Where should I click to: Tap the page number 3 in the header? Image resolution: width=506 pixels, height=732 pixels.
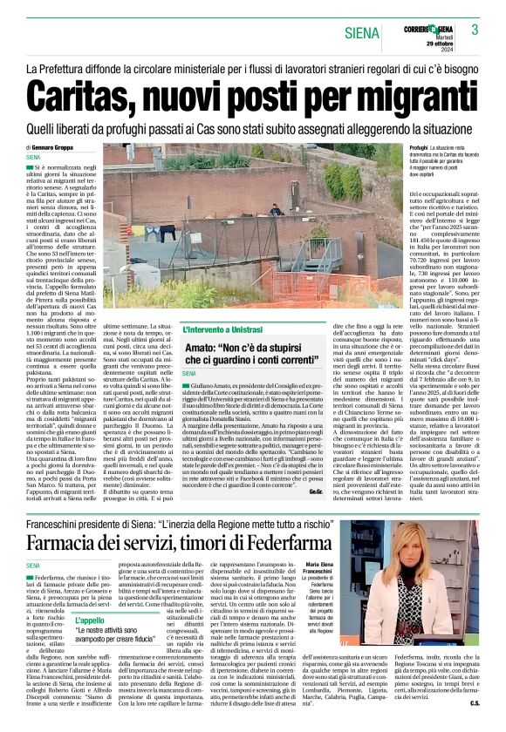[x=475, y=30]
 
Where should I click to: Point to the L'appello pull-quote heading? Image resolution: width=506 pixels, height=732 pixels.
[x=89, y=620]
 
